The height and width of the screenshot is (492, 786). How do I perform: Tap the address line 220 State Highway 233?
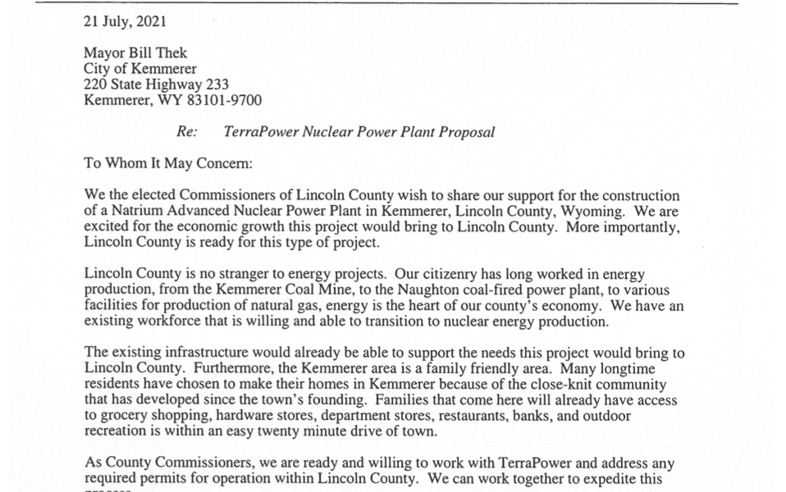pyautogui.click(x=156, y=84)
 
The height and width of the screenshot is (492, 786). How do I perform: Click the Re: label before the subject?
pyautogui.click(x=188, y=132)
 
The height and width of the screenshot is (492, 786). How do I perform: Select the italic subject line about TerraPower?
pyautogui.click(x=359, y=132)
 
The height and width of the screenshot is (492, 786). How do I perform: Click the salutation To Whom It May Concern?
pyautogui.click(x=168, y=163)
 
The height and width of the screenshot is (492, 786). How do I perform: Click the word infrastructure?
pyautogui.click(x=203, y=353)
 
